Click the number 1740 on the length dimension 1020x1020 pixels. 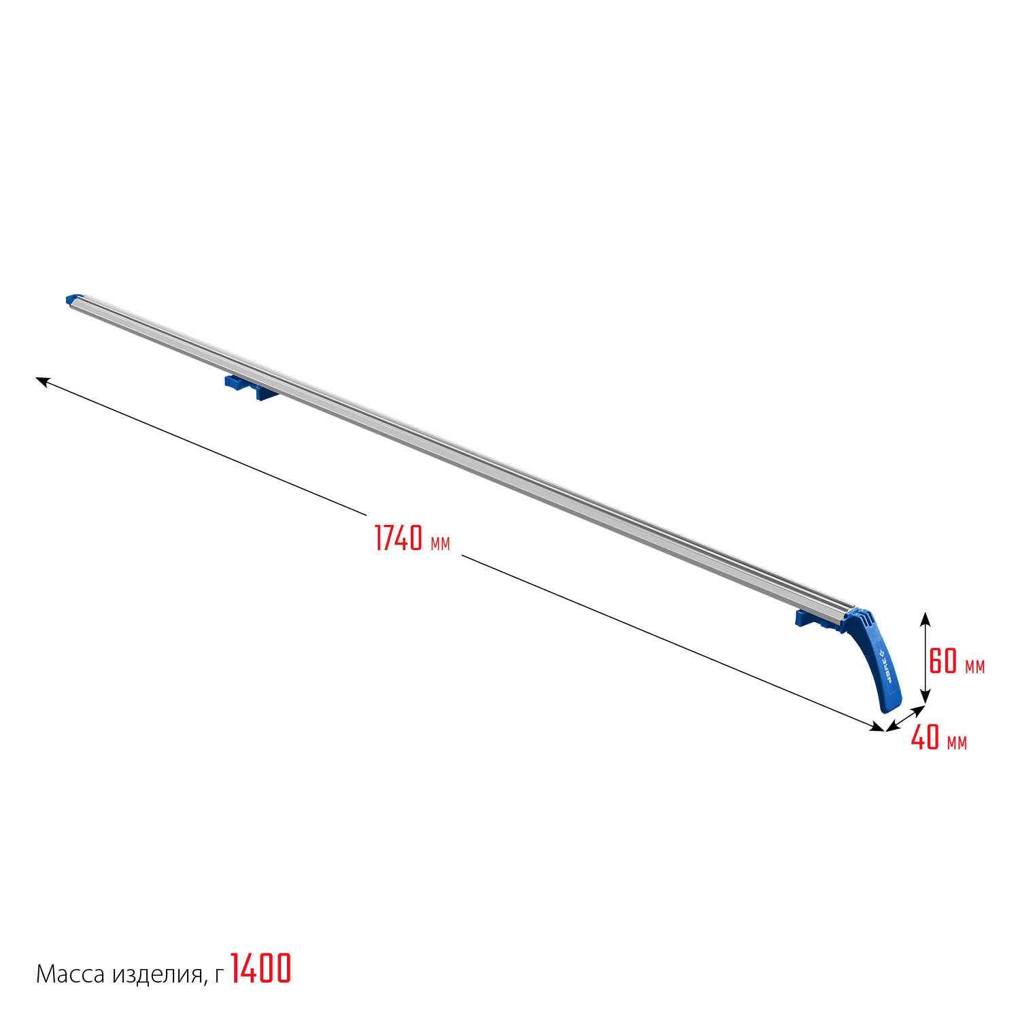(x=398, y=538)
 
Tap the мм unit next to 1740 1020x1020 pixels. (x=440, y=544)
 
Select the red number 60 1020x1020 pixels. (x=943, y=661)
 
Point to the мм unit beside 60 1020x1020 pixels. (x=974, y=667)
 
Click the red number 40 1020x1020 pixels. (x=925, y=737)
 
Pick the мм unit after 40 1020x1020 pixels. (x=957, y=743)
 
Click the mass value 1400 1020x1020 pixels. (x=261, y=968)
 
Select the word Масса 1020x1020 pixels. (x=71, y=974)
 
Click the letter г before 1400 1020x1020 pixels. (x=218, y=977)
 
